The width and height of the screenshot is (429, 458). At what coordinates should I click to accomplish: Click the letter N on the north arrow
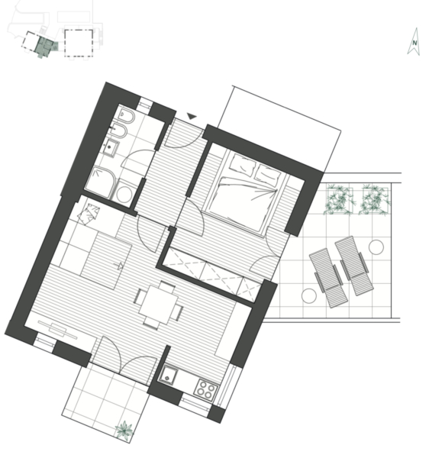[414, 43]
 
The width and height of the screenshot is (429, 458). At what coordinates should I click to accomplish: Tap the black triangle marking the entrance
[192, 116]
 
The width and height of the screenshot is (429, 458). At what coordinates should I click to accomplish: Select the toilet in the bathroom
[127, 116]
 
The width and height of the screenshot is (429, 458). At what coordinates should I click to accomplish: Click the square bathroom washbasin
[111, 148]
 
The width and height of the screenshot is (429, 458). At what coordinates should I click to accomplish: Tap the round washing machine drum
[124, 194]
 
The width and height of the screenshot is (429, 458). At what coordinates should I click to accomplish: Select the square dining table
[158, 305]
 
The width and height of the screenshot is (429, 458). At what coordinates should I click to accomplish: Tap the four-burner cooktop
[205, 389]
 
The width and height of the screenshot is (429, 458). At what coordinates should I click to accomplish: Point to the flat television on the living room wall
[58, 330]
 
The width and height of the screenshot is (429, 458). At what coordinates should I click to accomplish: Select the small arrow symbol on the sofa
[119, 266]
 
